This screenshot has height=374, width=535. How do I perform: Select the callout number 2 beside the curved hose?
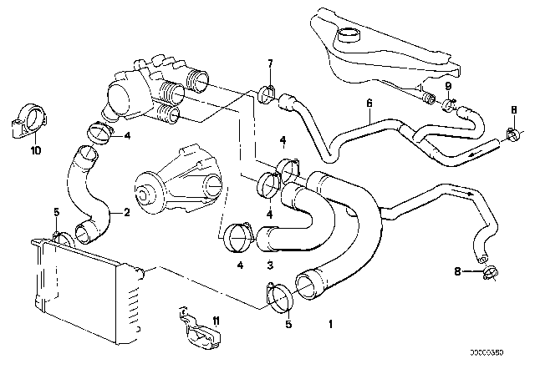[126, 212]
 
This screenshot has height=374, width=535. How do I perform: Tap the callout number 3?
[270, 265]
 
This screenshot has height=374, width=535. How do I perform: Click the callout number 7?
[269, 64]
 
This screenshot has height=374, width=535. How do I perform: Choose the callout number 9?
[448, 86]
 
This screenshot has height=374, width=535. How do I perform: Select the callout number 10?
[34, 150]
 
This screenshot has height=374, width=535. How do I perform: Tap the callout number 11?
[216, 321]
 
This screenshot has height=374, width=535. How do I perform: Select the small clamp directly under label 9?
[449, 104]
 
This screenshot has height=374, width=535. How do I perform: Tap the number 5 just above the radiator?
[56, 211]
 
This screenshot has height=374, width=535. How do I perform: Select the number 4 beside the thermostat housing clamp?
[127, 135]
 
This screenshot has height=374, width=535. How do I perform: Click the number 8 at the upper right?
[512, 108]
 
